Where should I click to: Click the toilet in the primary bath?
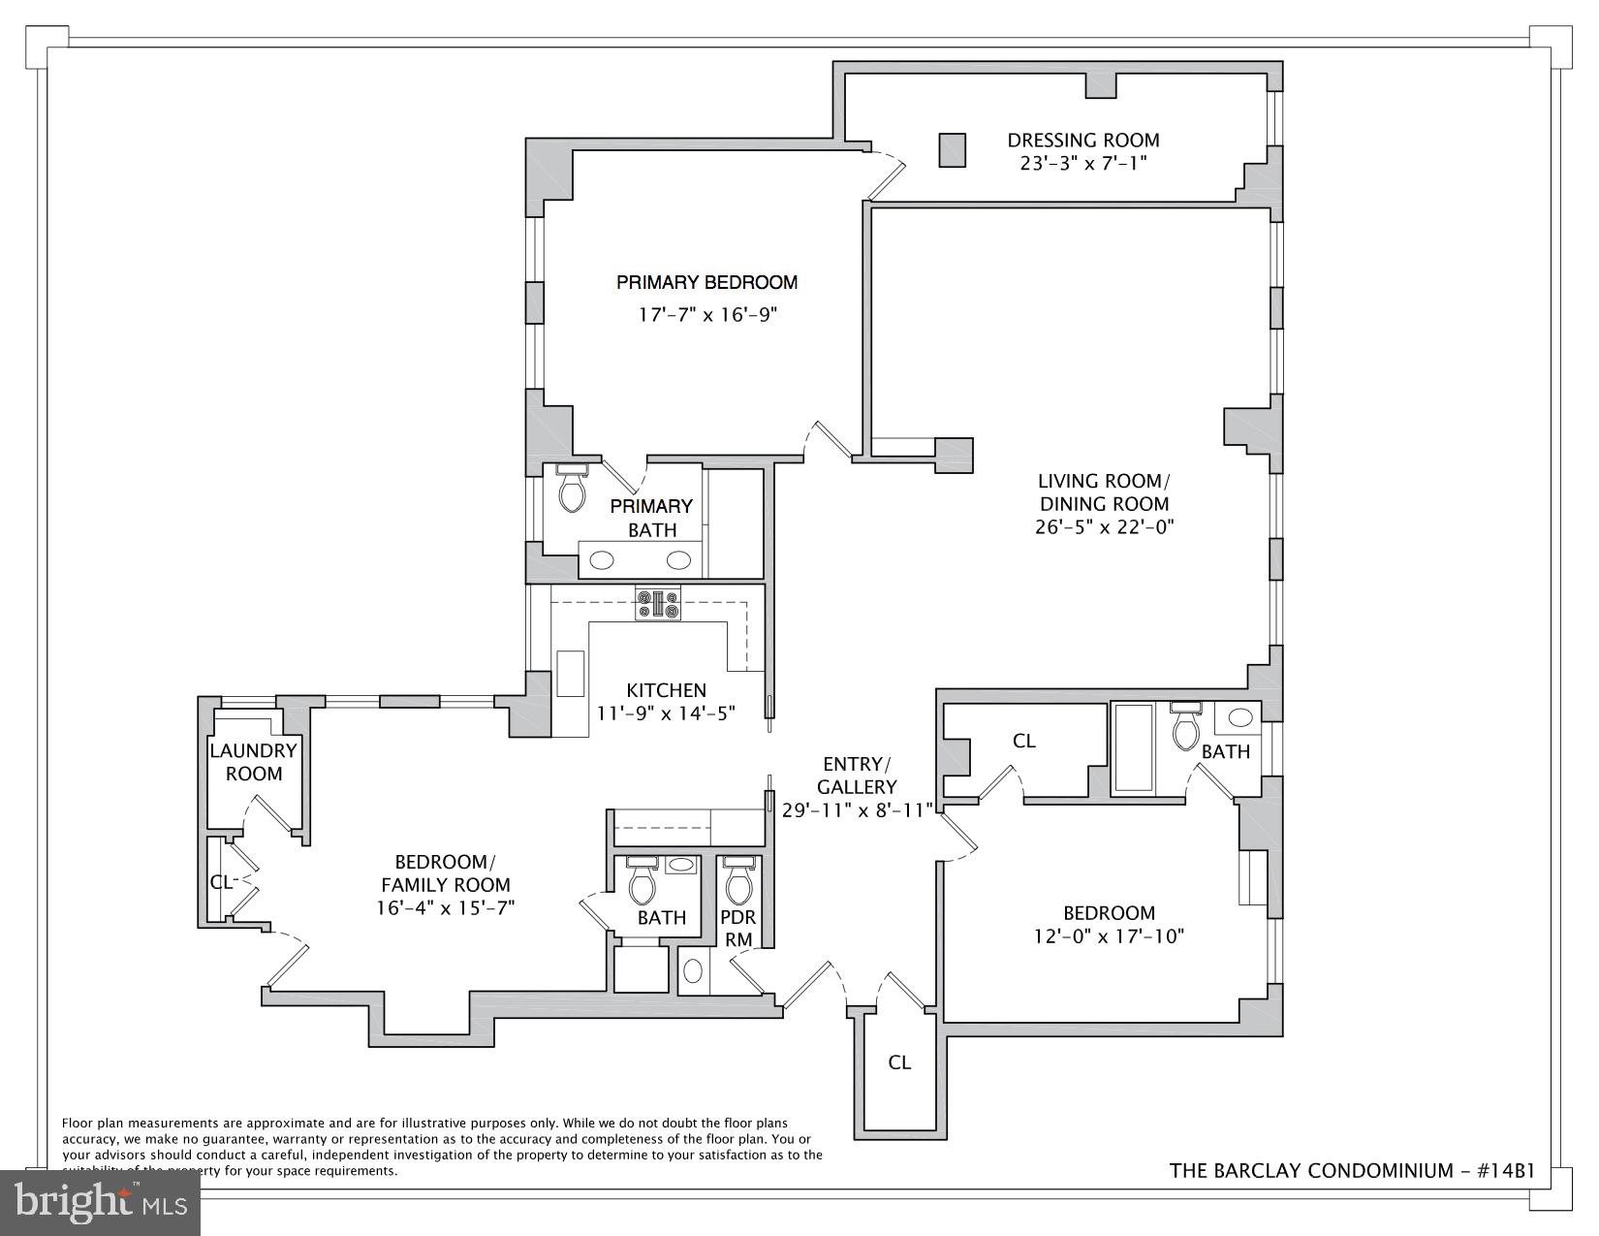572,490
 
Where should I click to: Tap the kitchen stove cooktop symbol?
658,604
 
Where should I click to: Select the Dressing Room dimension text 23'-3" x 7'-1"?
1082,164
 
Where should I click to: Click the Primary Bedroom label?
706,282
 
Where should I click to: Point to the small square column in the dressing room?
952,150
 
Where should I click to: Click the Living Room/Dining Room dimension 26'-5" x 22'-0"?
1104,527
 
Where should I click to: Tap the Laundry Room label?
253,762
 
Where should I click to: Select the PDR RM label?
737,928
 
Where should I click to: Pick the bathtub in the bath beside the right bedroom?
1133,747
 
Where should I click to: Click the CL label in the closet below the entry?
899,1062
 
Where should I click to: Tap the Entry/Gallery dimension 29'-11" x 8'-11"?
857,810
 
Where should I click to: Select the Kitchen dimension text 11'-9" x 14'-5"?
667,713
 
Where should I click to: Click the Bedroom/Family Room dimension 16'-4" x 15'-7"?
445,908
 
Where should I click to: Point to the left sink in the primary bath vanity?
603,559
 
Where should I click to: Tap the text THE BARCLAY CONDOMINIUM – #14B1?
1352,1171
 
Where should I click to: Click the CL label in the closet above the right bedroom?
1023,741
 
